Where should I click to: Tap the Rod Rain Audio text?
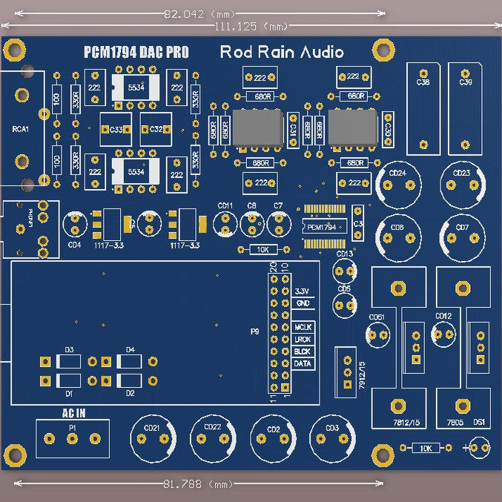[x=282, y=52]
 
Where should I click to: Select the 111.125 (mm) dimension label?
[x=251, y=27]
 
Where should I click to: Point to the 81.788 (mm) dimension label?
[x=198, y=484]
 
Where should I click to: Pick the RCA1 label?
[x=20, y=130]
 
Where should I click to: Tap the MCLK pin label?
[x=303, y=327]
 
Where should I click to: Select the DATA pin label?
[x=303, y=364]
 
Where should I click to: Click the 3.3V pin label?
[x=302, y=291]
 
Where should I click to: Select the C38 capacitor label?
[x=423, y=82]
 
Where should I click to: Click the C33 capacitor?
[x=116, y=130]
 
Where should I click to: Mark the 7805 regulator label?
[x=455, y=422]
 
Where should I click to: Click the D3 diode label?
[x=69, y=349]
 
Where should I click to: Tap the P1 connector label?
[x=73, y=428]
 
